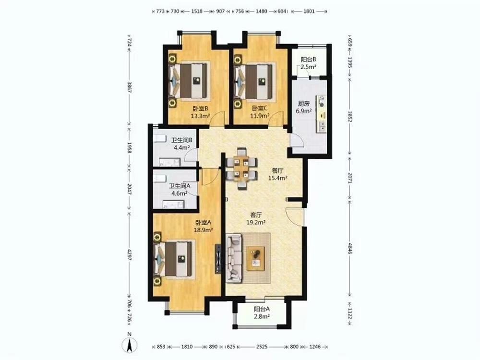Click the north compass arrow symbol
pos(130,345)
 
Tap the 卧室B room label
pos(201,108)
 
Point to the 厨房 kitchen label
pos(303,104)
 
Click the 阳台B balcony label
pos(308,60)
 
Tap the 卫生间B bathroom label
pos(181,140)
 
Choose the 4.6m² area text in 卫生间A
pos(180,193)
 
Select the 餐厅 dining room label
pos(277,170)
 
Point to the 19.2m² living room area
pos(256,223)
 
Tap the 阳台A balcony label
pos(262,309)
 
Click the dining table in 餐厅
pos(241,168)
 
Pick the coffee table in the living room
pos(256,258)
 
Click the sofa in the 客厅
pos(235,258)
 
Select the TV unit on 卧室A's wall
pos(218,259)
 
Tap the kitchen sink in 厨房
pos(322,126)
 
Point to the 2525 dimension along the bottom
pos(262,347)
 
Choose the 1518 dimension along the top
pos(196,12)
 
